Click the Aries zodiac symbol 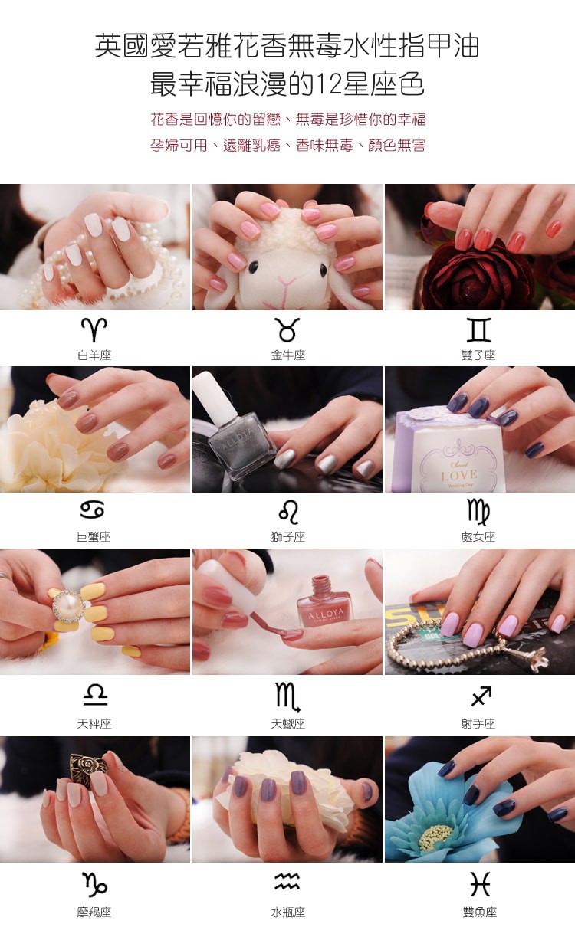click(x=94, y=329)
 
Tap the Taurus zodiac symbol click(x=287, y=329)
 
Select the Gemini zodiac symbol click(x=478, y=329)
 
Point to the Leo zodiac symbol click(x=288, y=512)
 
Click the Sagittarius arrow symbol click(x=481, y=696)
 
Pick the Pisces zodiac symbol click(x=480, y=884)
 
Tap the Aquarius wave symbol click(x=287, y=881)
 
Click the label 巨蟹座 click(x=94, y=537)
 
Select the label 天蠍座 click(x=288, y=723)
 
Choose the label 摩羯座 click(x=94, y=912)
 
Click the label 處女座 click(x=478, y=537)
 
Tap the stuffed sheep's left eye click(x=253, y=267)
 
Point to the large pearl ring click(x=68, y=607)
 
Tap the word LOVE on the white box click(x=459, y=474)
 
